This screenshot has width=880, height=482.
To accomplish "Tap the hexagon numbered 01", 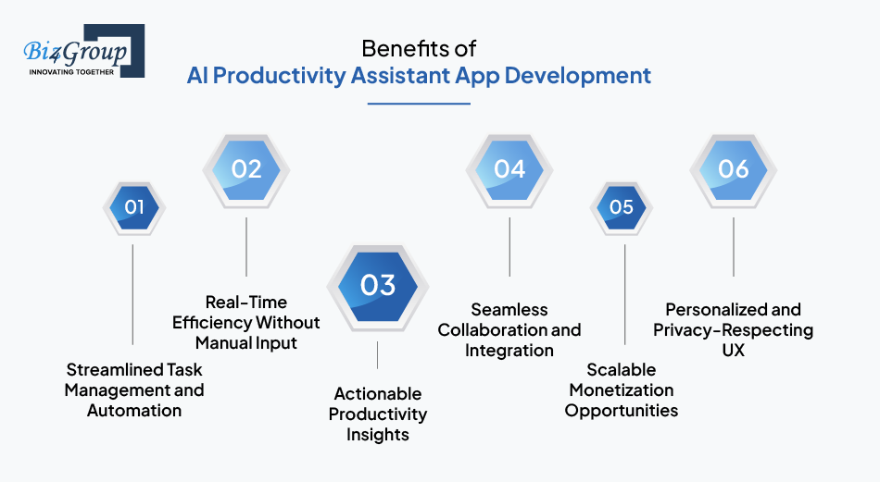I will tap(134, 207).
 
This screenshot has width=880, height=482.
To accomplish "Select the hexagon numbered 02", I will tap(246, 169).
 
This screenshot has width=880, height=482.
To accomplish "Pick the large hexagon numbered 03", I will tap(378, 285).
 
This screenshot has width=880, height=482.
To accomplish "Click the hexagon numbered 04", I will tap(509, 169).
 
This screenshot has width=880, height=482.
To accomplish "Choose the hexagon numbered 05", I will tap(622, 207).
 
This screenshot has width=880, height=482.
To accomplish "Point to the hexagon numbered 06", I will tap(733, 169).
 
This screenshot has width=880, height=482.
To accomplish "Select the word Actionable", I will tap(378, 394).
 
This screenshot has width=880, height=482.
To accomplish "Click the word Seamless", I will tap(509, 310).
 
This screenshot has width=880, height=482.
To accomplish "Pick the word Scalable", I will tap(622, 370).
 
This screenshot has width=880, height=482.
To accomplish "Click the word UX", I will tap(733, 351).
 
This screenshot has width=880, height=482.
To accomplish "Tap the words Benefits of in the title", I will tap(420, 48).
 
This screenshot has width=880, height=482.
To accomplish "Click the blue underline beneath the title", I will tap(419, 104).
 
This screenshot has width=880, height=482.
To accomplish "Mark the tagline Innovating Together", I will tap(71, 71).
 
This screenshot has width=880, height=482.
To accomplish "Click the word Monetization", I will tap(622, 390).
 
